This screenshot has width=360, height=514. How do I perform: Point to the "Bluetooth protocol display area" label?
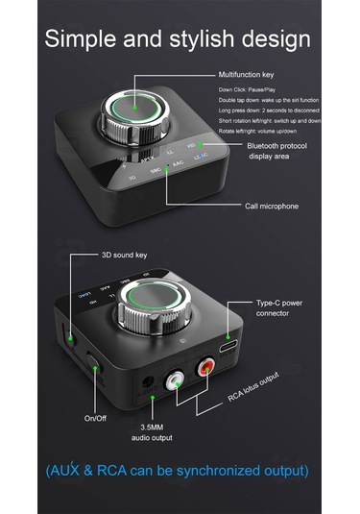pyautogui.click(x=277, y=150)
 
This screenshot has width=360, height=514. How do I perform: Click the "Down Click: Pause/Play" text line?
pyautogui.click(x=253, y=88)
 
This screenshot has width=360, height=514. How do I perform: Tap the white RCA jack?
pyautogui.click(x=175, y=382)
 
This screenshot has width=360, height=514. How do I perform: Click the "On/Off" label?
pyautogui.click(x=95, y=418)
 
